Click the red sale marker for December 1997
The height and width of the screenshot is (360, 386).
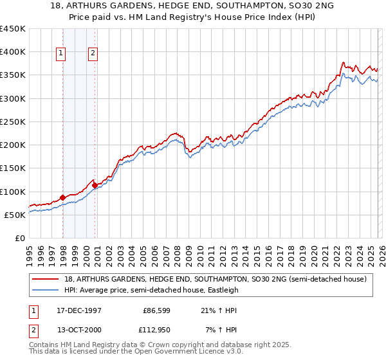62,197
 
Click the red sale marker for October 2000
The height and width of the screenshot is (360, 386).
95,185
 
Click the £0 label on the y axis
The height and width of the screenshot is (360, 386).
19,238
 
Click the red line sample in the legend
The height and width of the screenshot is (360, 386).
47,279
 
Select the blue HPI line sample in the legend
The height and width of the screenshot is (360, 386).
47,290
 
